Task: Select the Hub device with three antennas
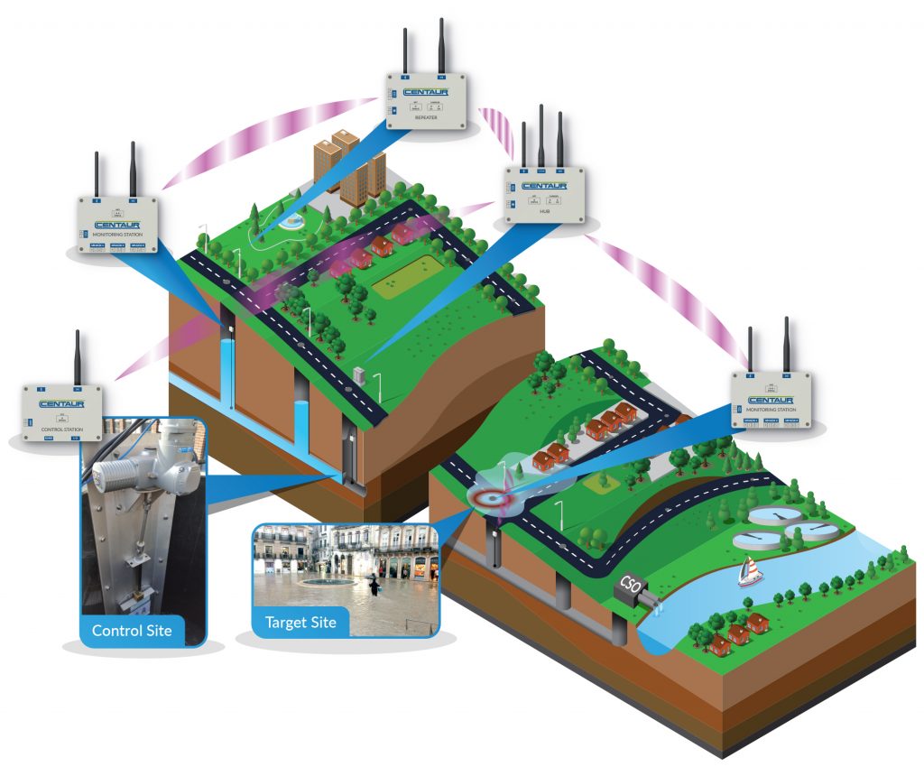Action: [x=541, y=193]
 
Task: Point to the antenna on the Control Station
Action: [x=78, y=357]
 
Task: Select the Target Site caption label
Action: [x=300, y=622]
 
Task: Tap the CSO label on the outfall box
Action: [x=628, y=587]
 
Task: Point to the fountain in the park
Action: [x=292, y=220]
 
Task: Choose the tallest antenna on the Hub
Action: [x=541, y=136]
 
